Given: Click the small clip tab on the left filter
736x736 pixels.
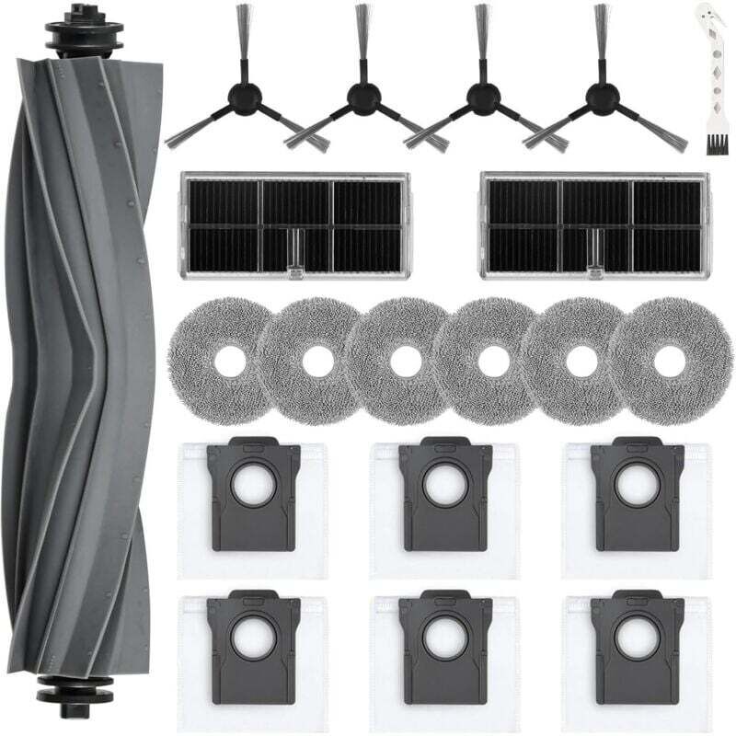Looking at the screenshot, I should pos(295,267).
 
